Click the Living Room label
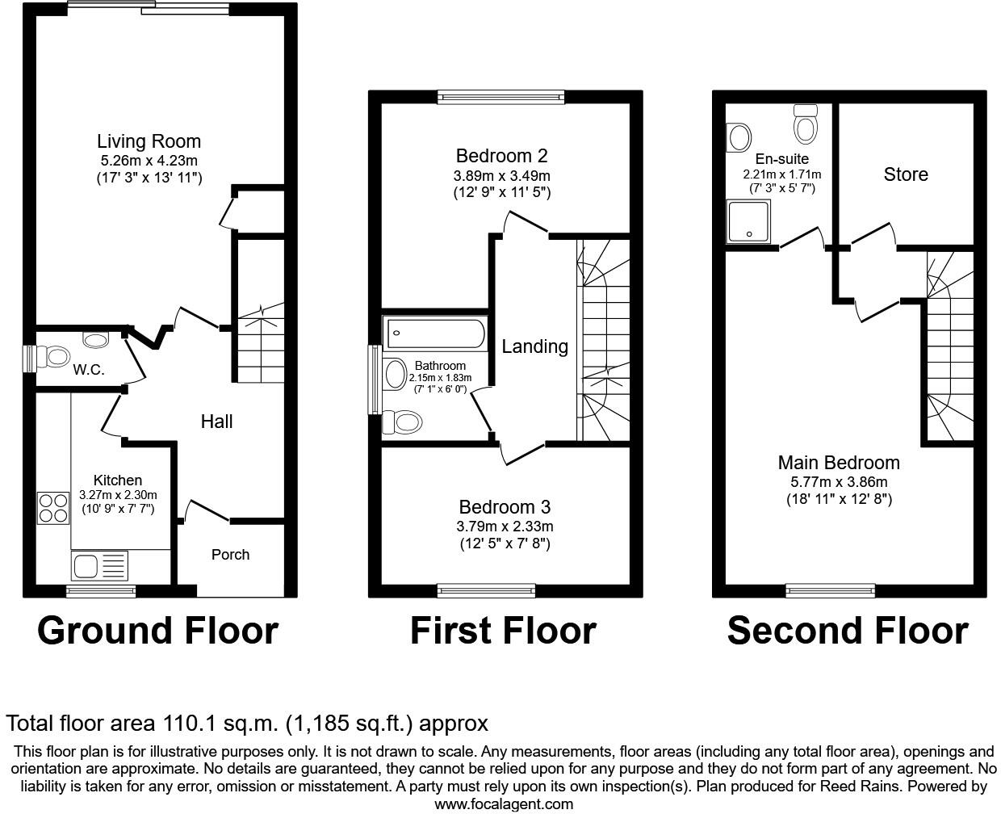tap(149, 142)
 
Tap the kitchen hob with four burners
tap(53, 508)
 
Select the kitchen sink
tap(100, 565)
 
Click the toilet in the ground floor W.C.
tap(57, 356)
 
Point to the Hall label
tap(216, 422)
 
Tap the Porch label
tap(230, 555)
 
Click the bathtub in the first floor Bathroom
tap(436, 333)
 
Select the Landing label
tap(534, 346)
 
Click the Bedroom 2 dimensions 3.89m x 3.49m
tap(501, 175)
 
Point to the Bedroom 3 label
tap(505, 507)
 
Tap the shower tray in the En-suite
tap(751, 221)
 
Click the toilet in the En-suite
tap(806, 125)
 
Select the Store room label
tap(906, 174)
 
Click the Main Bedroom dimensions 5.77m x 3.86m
tap(839, 482)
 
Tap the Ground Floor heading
tap(157, 631)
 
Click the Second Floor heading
tap(848, 631)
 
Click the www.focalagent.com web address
tap(504, 804)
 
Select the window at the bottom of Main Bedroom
tap(830, 590)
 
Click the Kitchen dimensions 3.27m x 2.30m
tap(118, 495)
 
